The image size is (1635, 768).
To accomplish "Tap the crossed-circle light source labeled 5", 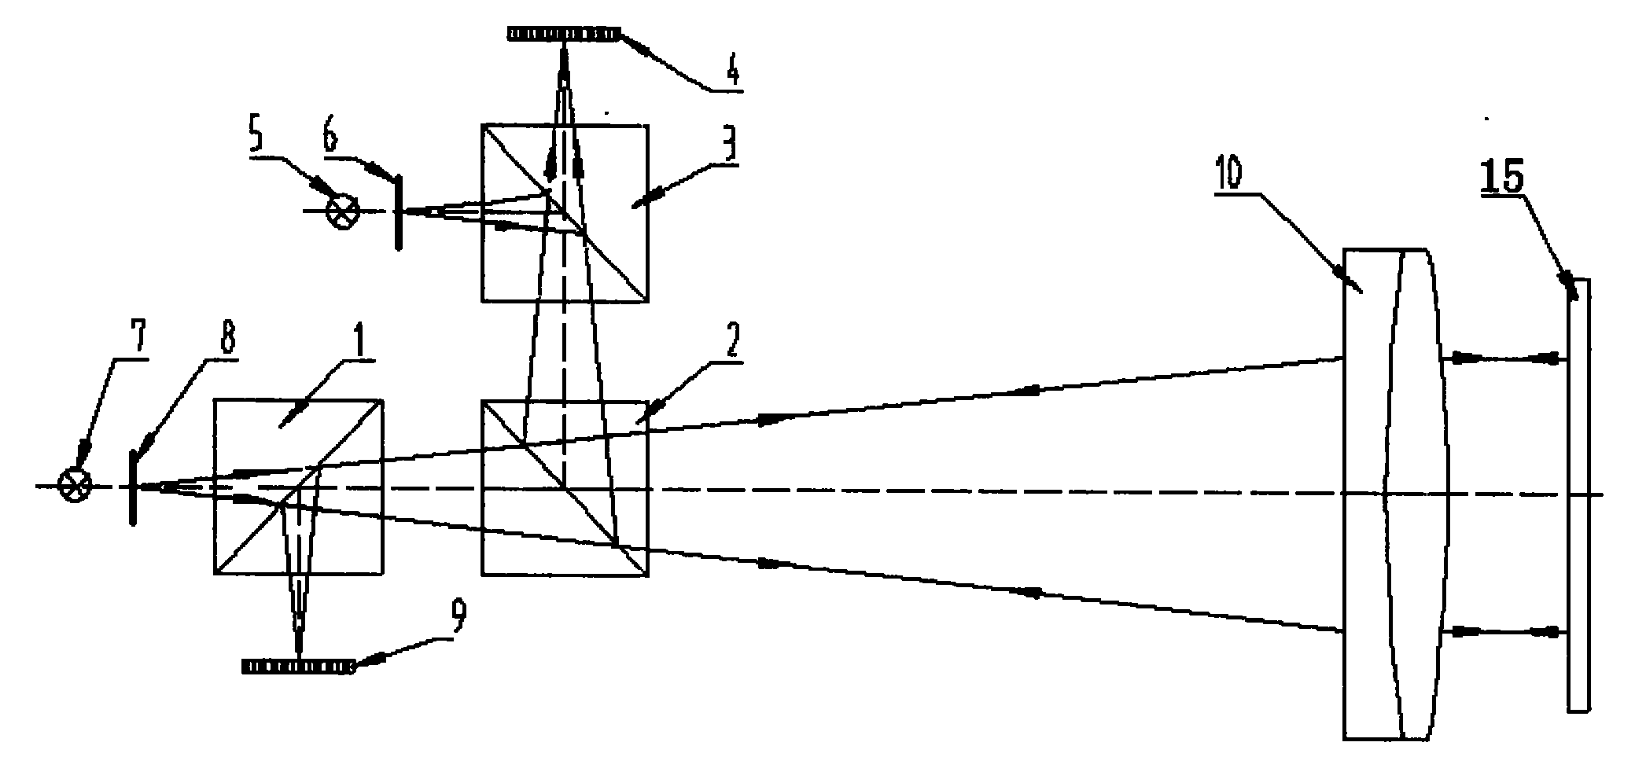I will pyautogui.click(x=344, y=211).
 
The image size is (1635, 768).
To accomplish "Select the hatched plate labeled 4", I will pyautogui.click(x=563, y=34).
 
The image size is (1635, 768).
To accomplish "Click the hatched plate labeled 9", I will pyautogui.click(x=297, y=666).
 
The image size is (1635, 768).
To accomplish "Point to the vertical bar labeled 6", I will pyautogui.click(x=399, y=211).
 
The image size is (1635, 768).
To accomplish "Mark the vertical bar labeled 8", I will pyautogui.click(x=133, y=488).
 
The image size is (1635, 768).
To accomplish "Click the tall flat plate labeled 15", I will pyautogui.click(x=1577, y=495).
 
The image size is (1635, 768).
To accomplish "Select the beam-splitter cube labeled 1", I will pyautogui.click(x=298, y=487).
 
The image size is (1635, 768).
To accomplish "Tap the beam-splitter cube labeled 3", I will pyautogui.click(x=565, y=213).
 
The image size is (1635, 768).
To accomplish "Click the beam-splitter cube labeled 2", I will pyautogui.click(x=565, y=488).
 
